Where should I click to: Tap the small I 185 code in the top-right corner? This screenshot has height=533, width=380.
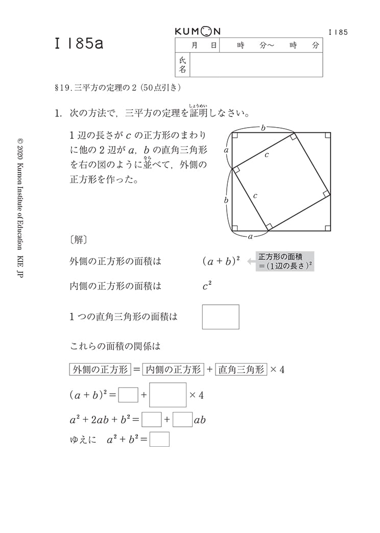[338, 32]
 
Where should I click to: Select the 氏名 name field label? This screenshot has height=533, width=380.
[183, 65]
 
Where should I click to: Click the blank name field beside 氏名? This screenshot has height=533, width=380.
[256, 65]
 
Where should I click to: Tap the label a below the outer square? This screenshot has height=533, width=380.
[250, 236]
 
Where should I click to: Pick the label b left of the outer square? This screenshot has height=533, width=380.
[226, 200]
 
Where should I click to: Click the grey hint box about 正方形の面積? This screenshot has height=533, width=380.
[285, 261]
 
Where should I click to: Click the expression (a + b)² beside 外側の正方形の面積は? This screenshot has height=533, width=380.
[221, 261]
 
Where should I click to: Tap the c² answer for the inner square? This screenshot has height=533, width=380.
[207, 286]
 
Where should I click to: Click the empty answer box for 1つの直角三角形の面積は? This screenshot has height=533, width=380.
[221, 317]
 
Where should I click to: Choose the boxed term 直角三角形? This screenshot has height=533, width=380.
[241, 369]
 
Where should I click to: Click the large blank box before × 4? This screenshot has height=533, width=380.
[168, 395]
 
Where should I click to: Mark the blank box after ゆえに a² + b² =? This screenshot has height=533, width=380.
[159, 439]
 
